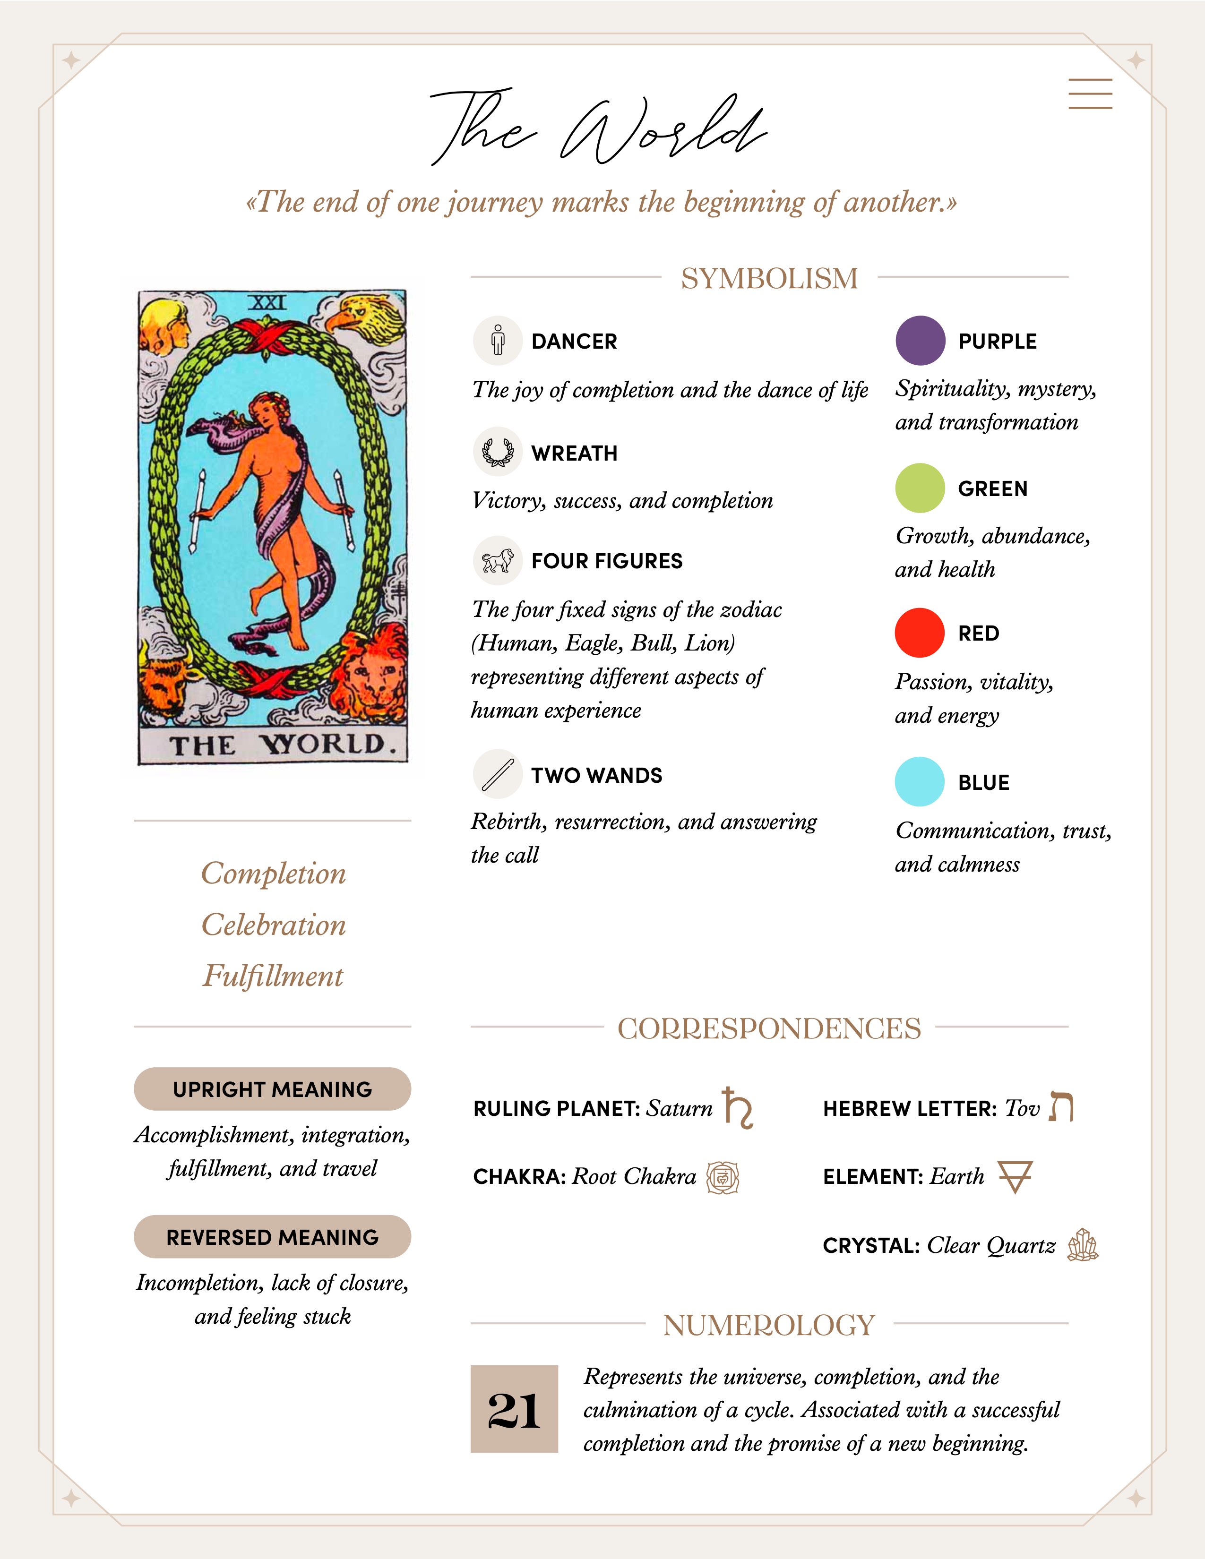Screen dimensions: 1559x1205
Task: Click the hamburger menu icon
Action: (x=1090, y=94)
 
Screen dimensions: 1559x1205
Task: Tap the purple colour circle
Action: (x=920, y=341)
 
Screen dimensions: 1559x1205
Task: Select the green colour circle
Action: (x=920, y=488)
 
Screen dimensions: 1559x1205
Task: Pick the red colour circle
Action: (x=920, y=633)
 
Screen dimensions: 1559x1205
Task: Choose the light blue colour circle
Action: (x=920, y=782)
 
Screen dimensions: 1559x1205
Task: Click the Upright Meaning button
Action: (x=272, y=1089)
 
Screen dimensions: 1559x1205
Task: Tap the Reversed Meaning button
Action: (x=272, y=1237)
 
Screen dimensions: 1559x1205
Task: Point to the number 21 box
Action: (x=514, y=1409)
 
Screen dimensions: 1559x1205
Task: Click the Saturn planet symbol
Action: (x=738, y=1108)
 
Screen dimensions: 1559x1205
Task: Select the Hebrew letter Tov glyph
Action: (x=1061, y=1107)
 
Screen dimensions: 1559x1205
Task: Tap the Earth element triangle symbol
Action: (x=1015, y=1176)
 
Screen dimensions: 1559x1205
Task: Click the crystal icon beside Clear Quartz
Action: (x=1082, y=1246)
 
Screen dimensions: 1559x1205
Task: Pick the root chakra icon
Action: (x=723, y=1177)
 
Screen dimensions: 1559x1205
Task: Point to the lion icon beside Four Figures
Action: (x=498, y=560)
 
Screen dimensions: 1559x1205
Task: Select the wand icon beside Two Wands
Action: (x=498, y=774)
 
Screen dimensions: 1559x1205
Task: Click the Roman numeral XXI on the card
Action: (x=267, y=303)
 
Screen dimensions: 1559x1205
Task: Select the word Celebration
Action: (x=274, y=925)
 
